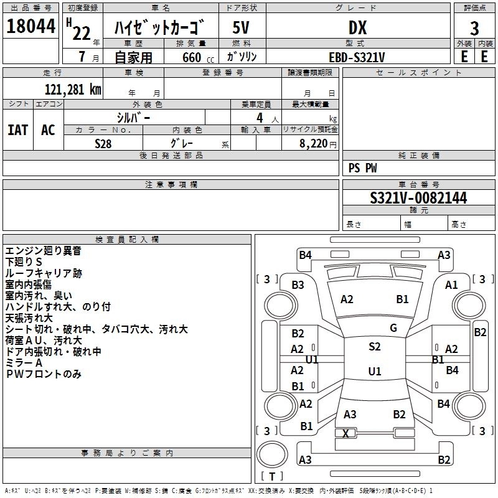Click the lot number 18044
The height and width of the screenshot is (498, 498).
[31, 26]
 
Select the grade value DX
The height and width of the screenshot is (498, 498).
[357, 27]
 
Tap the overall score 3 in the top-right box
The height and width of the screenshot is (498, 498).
[474, 29]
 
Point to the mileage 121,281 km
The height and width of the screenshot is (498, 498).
[73, 90]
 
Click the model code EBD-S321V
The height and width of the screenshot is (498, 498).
[357, 57]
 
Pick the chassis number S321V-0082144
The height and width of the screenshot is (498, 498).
[418, 198]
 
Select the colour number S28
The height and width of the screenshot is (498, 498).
[103, 144]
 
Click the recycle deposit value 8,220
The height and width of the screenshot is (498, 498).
[314, 144]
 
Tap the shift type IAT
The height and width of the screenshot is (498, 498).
[18, 130]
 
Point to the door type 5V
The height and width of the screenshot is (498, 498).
[241, 27]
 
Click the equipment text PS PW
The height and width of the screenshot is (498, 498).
[362, 167]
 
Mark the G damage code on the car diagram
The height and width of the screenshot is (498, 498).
[393, 328]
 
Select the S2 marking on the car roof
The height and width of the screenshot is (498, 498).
[375, 347]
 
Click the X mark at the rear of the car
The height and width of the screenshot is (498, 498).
[345, 433]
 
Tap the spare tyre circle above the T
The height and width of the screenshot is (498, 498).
[272, 455]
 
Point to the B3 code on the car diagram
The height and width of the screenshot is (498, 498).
[298, 285]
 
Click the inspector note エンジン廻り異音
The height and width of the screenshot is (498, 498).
[43, 251]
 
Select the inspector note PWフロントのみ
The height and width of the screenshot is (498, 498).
[44, 374]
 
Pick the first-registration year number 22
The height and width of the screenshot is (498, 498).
[82, 33]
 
